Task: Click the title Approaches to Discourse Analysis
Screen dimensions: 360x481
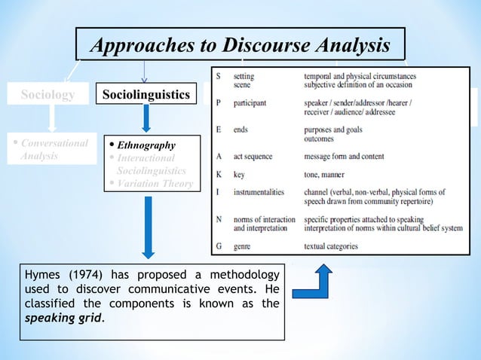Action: tap(240, 46)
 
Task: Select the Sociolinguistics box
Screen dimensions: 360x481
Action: tap(146, 96)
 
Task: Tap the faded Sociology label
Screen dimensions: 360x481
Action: tap(47, 96)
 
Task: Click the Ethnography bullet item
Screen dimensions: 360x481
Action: tap(149, 145)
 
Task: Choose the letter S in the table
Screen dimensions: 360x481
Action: tap(219, 76)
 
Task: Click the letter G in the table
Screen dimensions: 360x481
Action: tap(219, 246)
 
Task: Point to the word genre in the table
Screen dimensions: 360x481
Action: tap(246, 246)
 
